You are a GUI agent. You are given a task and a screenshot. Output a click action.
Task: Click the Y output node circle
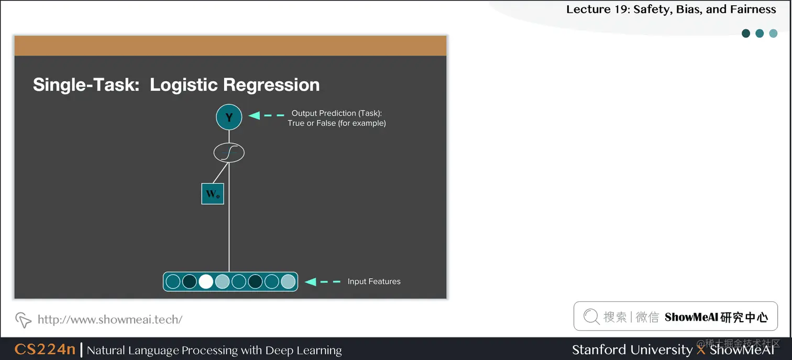229,117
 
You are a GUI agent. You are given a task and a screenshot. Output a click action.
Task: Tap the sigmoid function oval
229,152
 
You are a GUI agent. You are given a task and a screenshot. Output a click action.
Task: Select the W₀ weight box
213,193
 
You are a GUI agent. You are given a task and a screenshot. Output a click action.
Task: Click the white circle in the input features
206,281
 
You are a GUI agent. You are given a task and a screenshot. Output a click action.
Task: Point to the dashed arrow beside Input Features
323,281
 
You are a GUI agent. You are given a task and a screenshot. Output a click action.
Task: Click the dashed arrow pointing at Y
266,115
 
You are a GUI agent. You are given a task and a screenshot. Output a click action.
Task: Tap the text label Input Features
374,281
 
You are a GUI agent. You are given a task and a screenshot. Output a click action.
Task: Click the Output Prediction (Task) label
337,113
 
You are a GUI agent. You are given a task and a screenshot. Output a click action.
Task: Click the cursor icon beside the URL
23,319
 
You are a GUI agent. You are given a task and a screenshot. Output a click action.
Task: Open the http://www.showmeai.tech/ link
110,319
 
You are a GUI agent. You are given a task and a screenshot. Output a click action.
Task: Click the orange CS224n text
45,350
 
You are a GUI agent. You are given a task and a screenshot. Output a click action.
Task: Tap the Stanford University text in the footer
632,350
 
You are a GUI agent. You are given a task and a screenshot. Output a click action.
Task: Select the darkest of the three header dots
746,34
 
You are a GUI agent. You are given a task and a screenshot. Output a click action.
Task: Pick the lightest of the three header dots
773,34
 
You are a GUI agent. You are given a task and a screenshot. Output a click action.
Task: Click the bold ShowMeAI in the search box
691,317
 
